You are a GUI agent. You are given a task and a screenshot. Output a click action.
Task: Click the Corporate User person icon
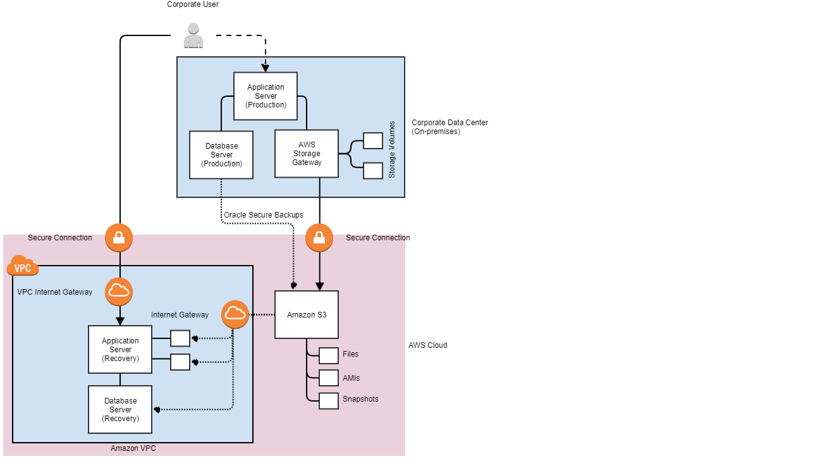(193, 36)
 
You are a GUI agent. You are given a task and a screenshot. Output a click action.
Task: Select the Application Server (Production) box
(266, 96)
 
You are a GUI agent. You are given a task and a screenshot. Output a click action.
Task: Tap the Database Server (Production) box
(221, 155)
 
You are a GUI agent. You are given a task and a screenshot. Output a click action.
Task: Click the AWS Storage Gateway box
(307, 154)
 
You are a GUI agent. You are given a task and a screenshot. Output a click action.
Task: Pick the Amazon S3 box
(307, 314)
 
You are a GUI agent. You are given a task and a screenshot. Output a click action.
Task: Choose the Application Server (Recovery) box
(120, 350)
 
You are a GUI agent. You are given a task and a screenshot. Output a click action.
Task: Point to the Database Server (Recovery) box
(120, 409)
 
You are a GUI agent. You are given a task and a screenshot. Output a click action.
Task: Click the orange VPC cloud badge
(23, 268)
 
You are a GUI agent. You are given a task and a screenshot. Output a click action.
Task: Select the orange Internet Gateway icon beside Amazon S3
(235, 314)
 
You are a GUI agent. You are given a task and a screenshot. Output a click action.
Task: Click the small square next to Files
(329, 355)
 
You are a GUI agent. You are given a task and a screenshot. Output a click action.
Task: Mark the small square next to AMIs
(329, 378)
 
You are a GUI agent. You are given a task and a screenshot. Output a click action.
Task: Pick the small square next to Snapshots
(329, 401)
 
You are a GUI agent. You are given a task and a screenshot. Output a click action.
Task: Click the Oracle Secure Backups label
(263, 215)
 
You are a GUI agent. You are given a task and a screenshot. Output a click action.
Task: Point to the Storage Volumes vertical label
(392, 149)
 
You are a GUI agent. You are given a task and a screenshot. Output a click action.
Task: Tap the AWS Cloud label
(427, 345)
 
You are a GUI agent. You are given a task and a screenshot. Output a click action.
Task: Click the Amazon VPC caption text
(133, 448)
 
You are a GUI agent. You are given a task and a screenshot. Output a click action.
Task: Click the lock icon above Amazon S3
(319, 238)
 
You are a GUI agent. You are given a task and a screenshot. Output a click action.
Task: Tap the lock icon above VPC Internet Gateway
(119, 238)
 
